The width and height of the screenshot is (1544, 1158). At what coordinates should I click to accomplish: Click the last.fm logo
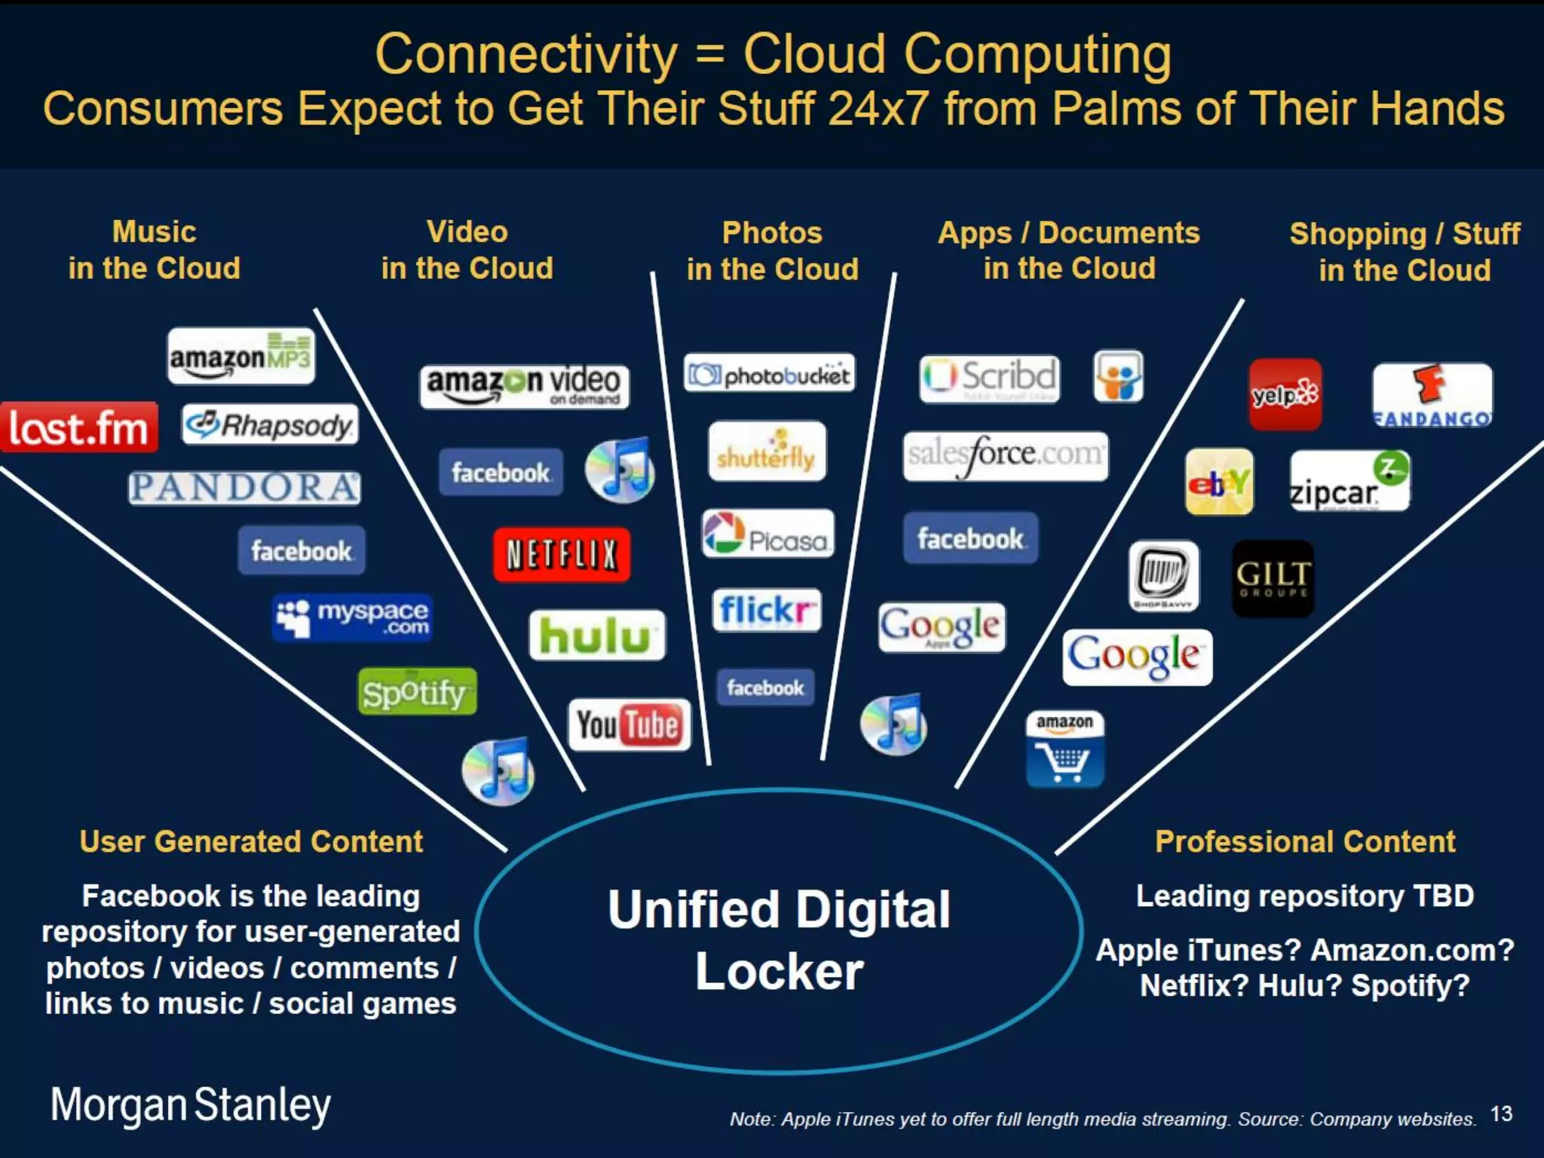pos(78,427)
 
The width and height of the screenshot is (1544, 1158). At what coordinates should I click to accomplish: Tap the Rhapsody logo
pos(270,425)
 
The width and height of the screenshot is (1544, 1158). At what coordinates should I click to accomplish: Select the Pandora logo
pos(244,488)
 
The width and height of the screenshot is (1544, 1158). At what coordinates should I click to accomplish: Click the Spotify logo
pos(417,691)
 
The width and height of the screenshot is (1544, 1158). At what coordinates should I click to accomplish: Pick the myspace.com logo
pos(352,618)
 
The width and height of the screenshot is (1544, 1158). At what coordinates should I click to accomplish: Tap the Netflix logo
pos(561,555)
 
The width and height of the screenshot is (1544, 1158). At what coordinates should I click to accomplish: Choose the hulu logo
pos(597,635)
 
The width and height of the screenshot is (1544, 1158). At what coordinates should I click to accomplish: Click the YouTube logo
pos(629,725)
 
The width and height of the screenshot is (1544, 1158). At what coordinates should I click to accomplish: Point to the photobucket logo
pos(769,373)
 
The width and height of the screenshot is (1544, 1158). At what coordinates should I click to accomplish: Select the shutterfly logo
pos(767,451)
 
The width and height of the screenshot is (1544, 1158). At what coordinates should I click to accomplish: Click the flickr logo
pos(766,610)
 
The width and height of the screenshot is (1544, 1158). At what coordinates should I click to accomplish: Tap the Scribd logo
pos(989,378)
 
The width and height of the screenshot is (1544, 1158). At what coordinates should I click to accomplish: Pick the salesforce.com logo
pos(1005,455)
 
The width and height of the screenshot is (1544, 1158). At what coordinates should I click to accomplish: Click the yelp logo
pos(1285,394)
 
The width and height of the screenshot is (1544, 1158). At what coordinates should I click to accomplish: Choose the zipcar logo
pos(1349,481)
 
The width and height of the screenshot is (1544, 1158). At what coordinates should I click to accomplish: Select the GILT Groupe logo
pos(1273,578)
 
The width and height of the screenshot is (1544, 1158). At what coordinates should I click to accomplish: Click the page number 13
pos(1501,1114)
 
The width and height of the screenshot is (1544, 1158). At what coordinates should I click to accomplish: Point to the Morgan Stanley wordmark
pos(191,1105)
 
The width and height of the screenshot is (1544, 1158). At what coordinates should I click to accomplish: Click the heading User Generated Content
pos(251,841)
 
